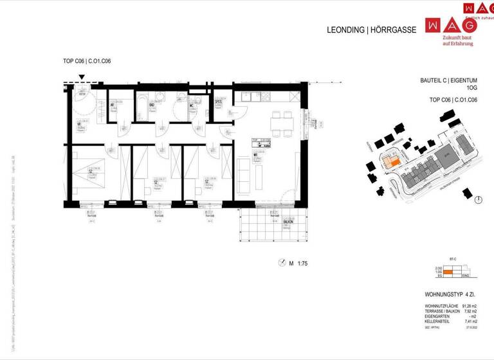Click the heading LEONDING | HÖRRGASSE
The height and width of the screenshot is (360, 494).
(372, 30)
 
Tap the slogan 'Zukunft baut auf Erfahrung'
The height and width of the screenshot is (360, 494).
(457, 40)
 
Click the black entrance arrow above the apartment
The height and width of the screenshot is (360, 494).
(82, 78)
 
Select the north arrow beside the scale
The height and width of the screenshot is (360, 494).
(281, 262)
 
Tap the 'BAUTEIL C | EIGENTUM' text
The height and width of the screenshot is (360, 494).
(448, 81)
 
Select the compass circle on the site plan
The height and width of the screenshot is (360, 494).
(477, 200)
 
